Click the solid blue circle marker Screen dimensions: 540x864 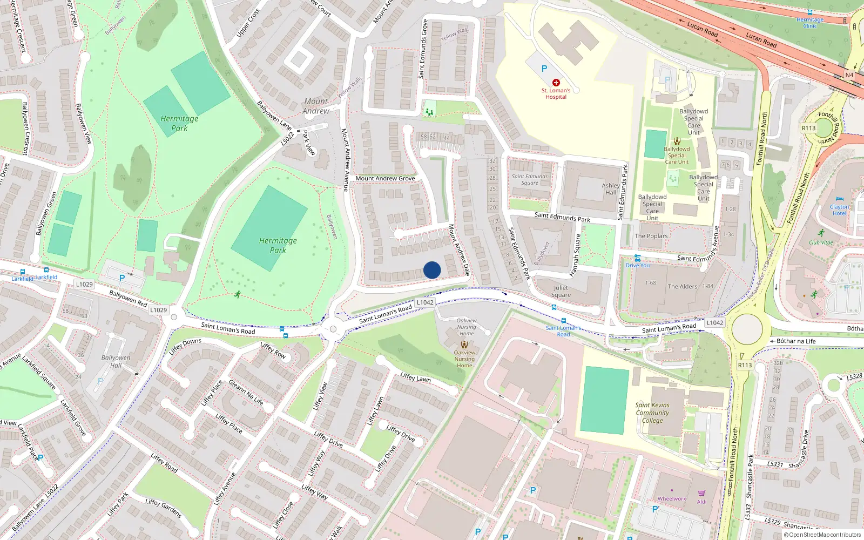(x=432, y=270)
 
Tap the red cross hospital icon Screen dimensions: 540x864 (x=556, y=83)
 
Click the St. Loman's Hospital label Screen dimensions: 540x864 (x=556, y=94)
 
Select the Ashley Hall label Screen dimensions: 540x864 (x=611, y=188)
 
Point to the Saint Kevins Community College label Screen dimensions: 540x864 (x=652, y=413)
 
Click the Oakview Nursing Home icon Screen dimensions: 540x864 (x=464, y=344)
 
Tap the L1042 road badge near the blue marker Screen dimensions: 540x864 (x=425, y=302)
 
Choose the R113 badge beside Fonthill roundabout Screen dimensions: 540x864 (x=808, y=128)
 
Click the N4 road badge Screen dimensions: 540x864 (x=849, y=75)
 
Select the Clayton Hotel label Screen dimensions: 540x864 (x=839, y=210)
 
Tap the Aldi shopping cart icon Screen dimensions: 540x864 (x=701, y=494)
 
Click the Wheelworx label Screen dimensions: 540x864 (x=672, y=499)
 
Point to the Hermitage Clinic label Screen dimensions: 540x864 (x=810, y=23)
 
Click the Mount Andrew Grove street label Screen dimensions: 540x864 (x=385, y=178)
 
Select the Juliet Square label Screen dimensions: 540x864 (x=561, y=291)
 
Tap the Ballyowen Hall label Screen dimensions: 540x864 (x=116, y=361)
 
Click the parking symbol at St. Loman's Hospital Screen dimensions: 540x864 (x=544, y=69)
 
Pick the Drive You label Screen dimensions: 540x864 (x=638, y=265)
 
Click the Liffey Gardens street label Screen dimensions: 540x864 (x=163, y=508)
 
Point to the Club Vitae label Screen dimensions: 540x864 (x=821, y=242)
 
